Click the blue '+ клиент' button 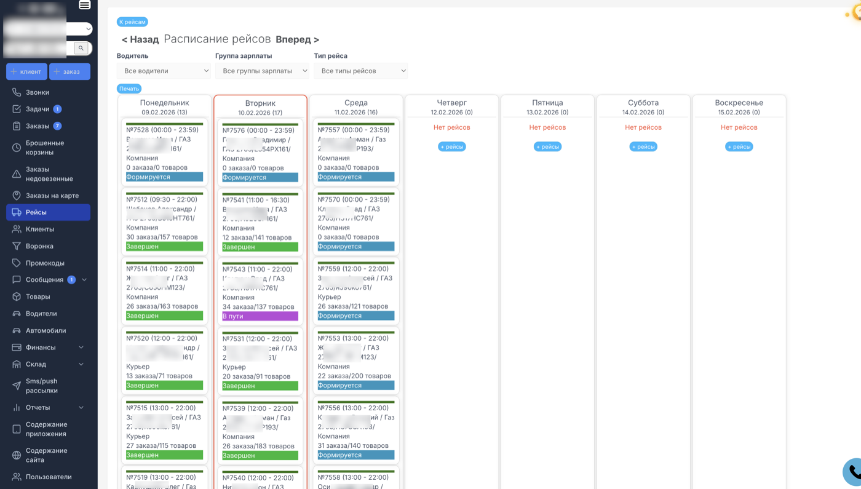[x=26, y=71]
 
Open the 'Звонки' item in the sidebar [x=37, y=92]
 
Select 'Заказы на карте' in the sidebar [x=52, y=196]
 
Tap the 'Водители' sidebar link [x=41, y=314]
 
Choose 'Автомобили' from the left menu [x=46, y=330]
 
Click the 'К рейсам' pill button [x=132, y=22]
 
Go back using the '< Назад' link [x=140, y=39]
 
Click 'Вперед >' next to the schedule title [x=297, y=39]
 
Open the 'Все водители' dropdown [x=164, y=71]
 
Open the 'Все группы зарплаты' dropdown [x=262, y=71]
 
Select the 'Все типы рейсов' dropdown [x=360, y=71]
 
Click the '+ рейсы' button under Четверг [x=451, y=146]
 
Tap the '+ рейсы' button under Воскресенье [x=739, y=146]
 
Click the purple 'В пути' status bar [x=260, y=316]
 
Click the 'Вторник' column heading [x=260, y=103]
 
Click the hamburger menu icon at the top [x=85, y=5]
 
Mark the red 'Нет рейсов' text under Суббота [x=643, y=127]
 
